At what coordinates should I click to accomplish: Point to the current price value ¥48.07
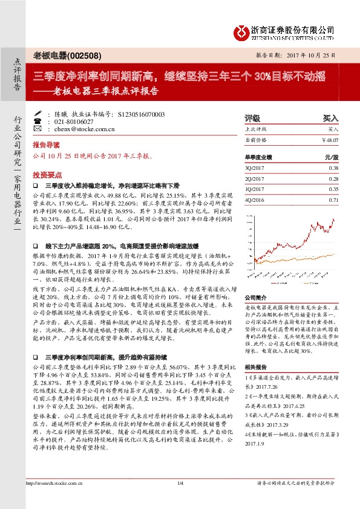pyautogui.click(x=330, y=140)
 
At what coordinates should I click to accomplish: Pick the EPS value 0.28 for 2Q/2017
pyautogui.click(x=333, y=178)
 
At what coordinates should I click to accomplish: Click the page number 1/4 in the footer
pyautogui.click(x=180, y=499)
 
